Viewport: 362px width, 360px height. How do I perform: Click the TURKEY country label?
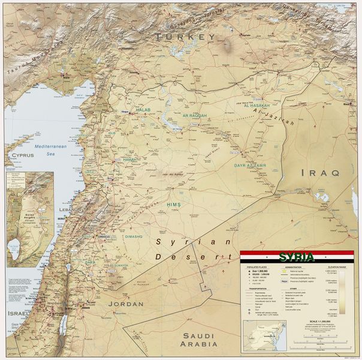[185, 37]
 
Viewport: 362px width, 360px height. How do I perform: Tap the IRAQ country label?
[319, 172]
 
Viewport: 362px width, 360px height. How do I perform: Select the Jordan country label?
[125, 304]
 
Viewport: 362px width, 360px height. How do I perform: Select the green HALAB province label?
[143, 110]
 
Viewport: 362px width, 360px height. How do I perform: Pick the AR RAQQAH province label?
[195, 115]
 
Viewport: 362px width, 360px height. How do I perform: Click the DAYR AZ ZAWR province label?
[249, 165]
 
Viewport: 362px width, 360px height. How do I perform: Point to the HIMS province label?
[174, 205]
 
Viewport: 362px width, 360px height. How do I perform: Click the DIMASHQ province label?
[133, 236]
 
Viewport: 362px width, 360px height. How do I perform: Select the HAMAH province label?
[129, 160]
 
